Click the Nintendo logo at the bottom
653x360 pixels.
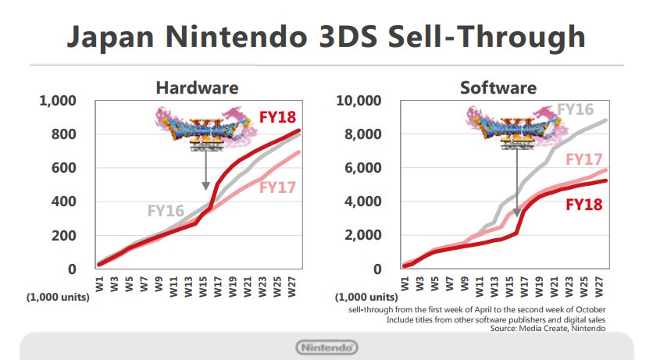click(326, 347)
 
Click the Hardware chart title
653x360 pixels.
click(197, 87)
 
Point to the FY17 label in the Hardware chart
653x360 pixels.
click(278, 187)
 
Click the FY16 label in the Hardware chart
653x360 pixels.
click(166, 210)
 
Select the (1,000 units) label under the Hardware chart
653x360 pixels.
click(58, 298)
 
